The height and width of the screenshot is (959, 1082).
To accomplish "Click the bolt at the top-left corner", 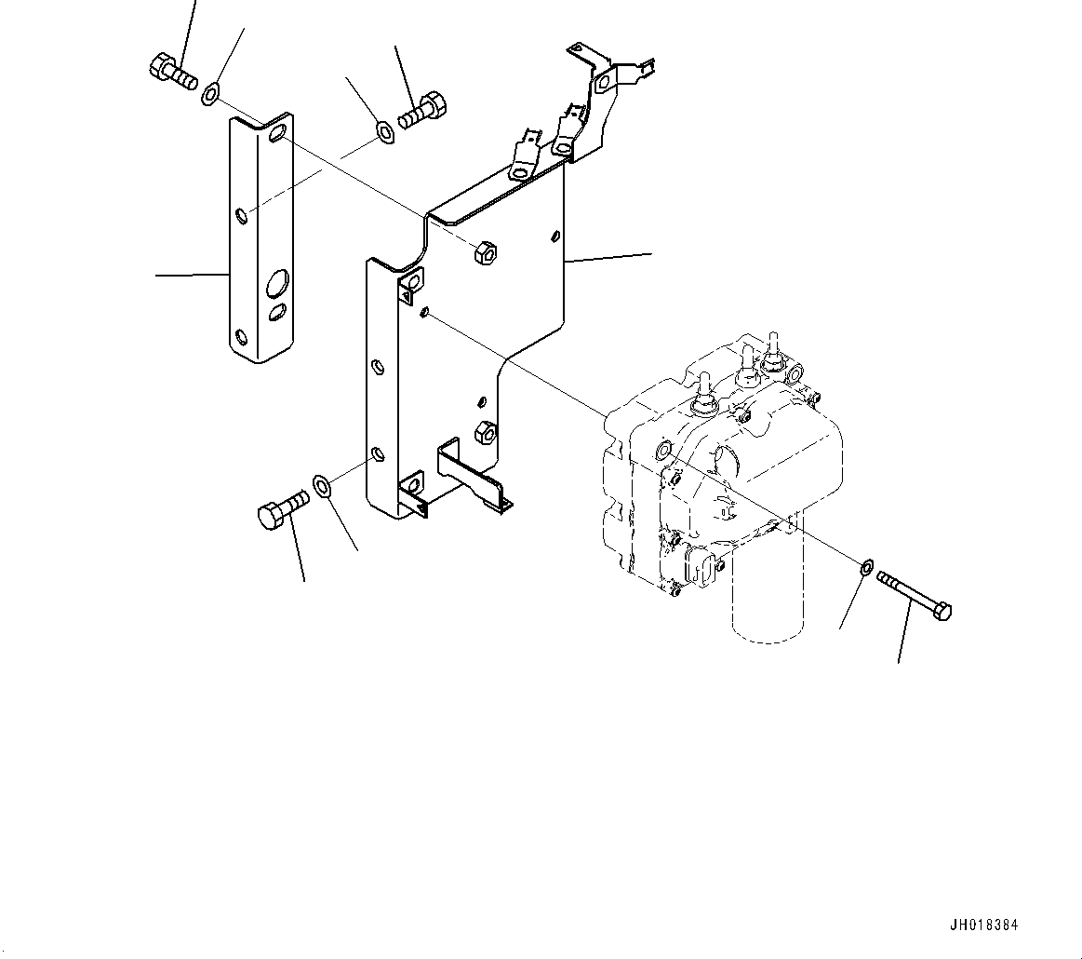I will (x=171, y=72).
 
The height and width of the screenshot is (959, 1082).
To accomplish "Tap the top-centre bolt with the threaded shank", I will (x=423, y=111).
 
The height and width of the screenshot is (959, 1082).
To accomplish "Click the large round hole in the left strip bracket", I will (x=276, y=282).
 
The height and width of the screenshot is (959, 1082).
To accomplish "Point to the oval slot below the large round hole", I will (x=277, y=313).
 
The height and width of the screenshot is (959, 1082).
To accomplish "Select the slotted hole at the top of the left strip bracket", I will (x=277, y=136).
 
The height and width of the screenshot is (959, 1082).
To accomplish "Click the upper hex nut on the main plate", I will (x=484, y=252).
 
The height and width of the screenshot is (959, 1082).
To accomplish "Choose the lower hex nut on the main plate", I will (x=484, y=430).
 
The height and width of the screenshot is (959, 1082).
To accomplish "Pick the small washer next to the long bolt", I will (x=863, y=566).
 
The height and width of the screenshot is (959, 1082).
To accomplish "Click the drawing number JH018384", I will (x=983, y=925).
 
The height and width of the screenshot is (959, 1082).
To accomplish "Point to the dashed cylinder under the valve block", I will (x=768, y=596).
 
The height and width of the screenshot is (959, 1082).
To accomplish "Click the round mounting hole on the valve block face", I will (x=662, y=452).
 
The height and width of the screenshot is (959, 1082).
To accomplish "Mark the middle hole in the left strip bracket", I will (x=241, y=217).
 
